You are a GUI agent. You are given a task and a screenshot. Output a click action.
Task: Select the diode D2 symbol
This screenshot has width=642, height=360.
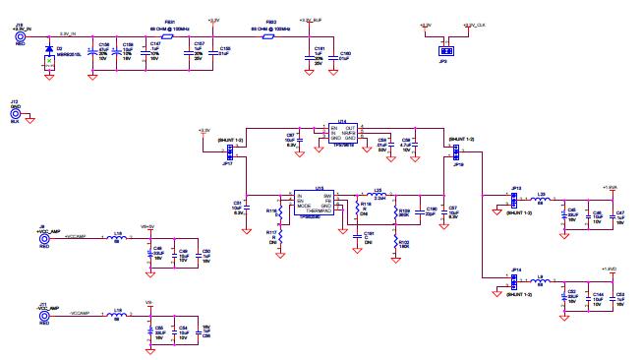click(x=49, y=48)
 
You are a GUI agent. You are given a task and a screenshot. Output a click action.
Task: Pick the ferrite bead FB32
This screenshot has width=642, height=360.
click(x=269, y=34)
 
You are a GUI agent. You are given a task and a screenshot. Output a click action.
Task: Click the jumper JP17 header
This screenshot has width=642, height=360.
click(x=228, y=150)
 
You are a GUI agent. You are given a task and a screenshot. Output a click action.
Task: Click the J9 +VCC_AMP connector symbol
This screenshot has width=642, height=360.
click(x=42, y=239)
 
